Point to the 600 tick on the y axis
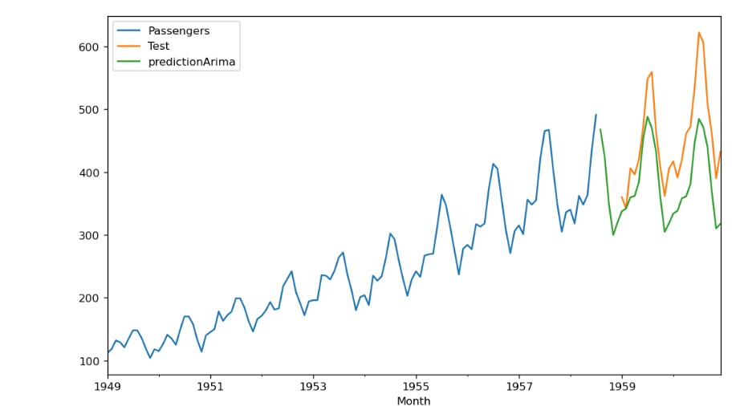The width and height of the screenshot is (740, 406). click(88, 47)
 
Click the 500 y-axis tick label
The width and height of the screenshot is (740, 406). click(88, 110)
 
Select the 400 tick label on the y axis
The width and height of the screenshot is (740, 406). click(88, 173)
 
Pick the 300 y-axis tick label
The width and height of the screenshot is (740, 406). click(88, 235)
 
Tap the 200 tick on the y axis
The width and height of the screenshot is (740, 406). click(88, 298)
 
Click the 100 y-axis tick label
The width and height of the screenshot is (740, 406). click(88, 361)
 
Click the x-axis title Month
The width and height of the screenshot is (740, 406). click(413, 400)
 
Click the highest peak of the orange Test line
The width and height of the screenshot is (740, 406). click(699, 32)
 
